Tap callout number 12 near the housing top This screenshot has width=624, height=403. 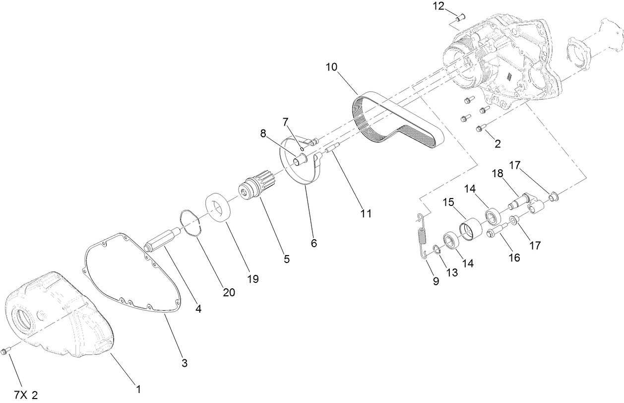pyautogui.click(x=438, y=6)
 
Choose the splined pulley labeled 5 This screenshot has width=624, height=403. pyautogui.click(x=253, y=187)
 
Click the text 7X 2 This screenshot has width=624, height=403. pyautogui.click(x=26, y=395)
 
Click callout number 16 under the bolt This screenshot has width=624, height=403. pyautogui.click(x=514, y=258)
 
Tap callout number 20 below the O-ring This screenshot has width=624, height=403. pyautogui.click(x=229, y=292)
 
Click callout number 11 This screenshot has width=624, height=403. pyautogui.click(x=366, y=214)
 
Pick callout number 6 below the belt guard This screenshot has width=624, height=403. pyautogui.click(x=314, y=244)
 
